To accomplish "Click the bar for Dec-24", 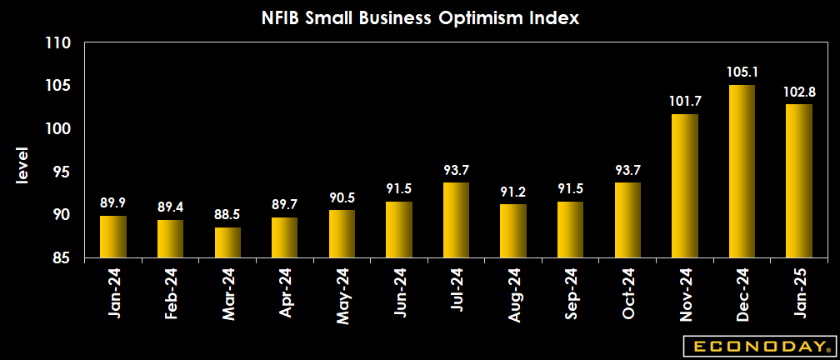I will coord(742,172).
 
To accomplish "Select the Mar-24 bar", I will coord(227,242).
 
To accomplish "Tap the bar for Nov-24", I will coord(684,187).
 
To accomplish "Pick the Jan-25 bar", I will coord(798,181).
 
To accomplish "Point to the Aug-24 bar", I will coord(513,231).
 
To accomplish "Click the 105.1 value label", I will coord(742,72).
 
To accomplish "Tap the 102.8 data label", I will coord(798,92).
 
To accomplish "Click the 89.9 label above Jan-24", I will coord(113,203).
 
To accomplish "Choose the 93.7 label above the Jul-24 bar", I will coord(456,170).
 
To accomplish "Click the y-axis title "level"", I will coord(22,167).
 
